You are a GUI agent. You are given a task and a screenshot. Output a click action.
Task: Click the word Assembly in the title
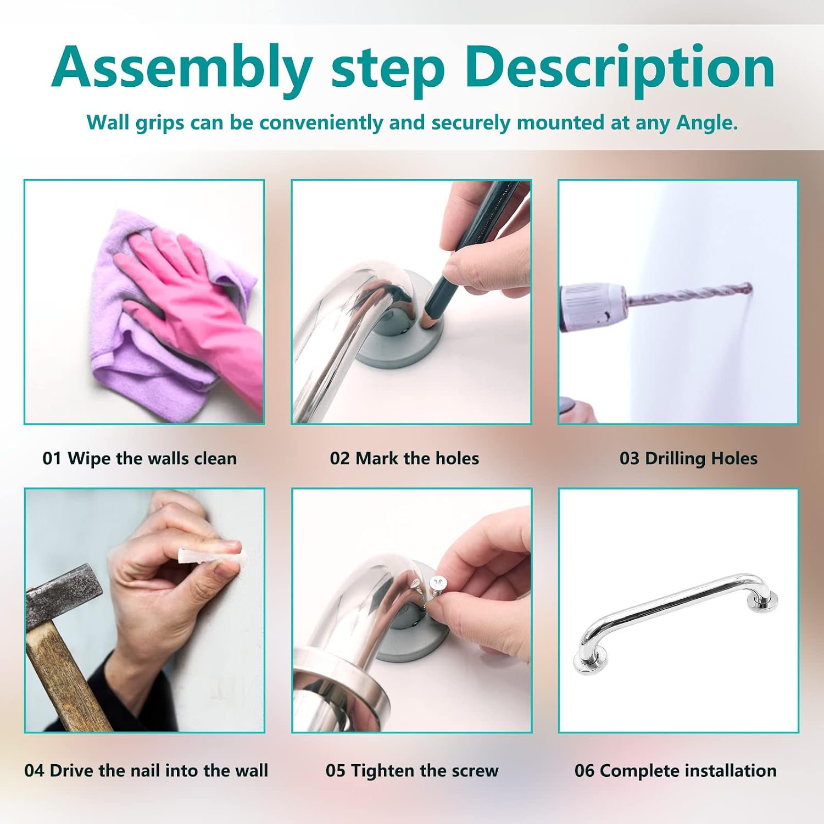[x=182, y=68]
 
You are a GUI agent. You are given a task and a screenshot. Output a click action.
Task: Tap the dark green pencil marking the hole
[x=467, y=253]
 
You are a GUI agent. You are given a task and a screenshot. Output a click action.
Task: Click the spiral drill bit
[x=689, y=296]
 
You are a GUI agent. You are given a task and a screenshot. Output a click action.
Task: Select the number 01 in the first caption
[x=52, y=458]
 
